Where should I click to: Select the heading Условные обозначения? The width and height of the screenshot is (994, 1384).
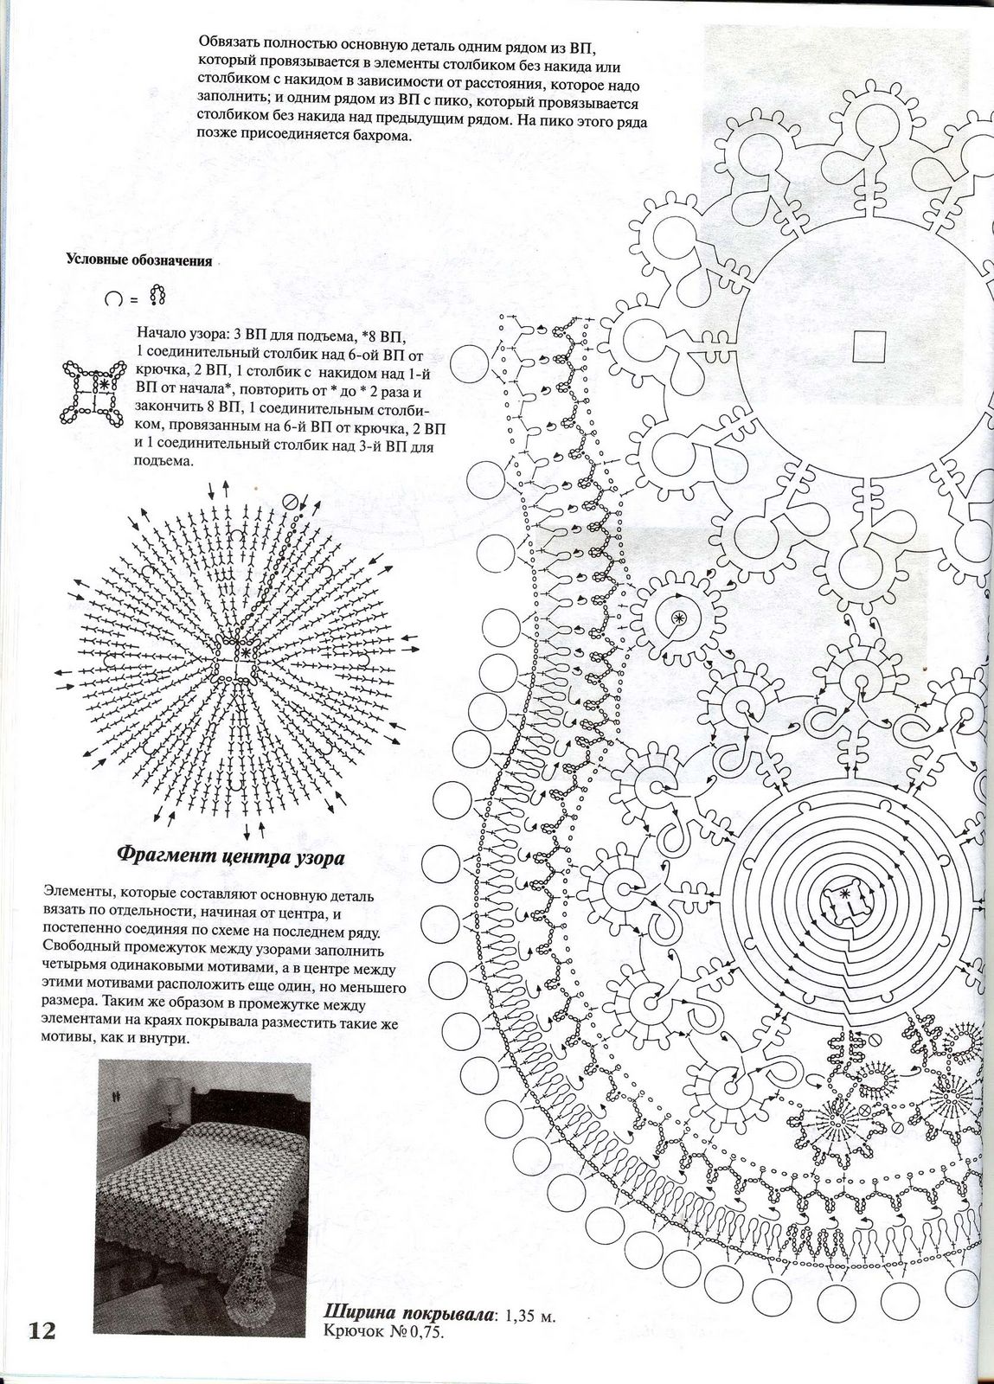pos(138,260)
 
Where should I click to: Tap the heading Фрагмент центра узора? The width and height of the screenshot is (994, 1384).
pos(231,857)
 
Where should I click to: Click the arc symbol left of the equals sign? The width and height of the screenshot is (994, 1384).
pos(112,298)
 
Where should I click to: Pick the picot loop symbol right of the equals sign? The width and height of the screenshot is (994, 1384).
pos(157,296)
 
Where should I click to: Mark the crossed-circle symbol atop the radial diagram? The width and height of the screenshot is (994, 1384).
pos(290,500)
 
